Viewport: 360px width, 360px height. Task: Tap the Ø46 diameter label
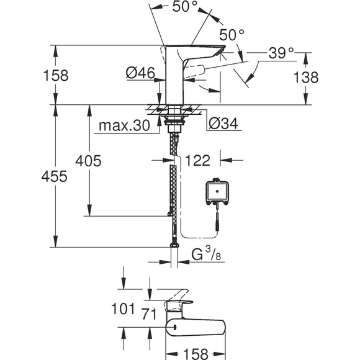point(140,74)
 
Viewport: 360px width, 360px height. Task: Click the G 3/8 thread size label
point(209,254)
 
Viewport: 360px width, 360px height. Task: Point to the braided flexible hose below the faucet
point(171,186)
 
